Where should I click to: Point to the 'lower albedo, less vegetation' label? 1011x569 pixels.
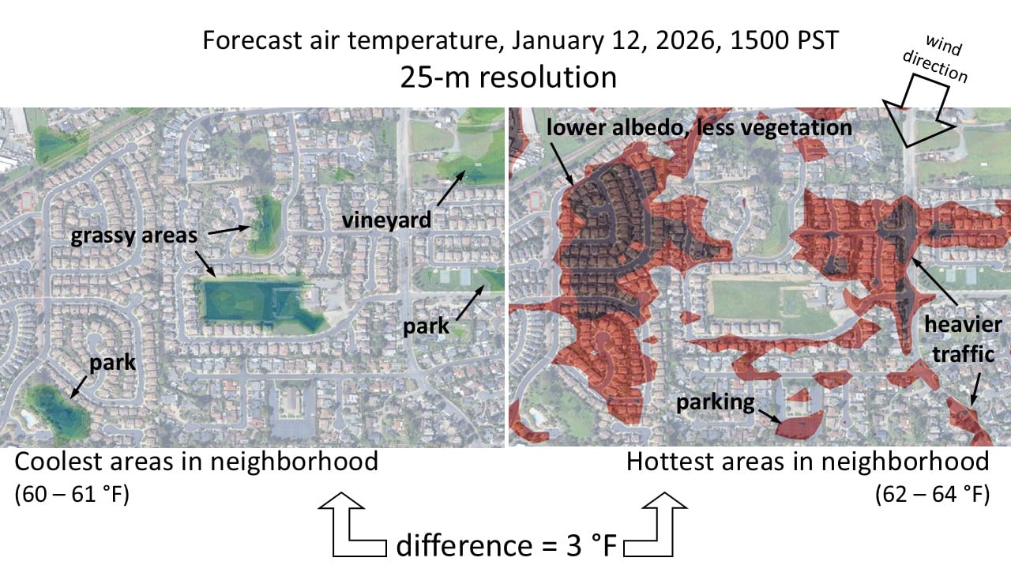click(x=699, y=127)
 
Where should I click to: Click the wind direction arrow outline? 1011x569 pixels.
click(x=918, y=111)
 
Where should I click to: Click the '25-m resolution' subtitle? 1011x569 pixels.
click(x=508, y=77)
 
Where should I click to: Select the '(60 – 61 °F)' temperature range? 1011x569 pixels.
click(x=72, y=496)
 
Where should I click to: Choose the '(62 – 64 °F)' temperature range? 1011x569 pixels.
click(x=932, y=496)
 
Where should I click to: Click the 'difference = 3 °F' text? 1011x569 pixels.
click(x=506, y=545)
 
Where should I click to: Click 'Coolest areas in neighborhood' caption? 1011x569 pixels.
click(x=196, y=462)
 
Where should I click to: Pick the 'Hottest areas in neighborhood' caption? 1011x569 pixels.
click(x=807, y=462)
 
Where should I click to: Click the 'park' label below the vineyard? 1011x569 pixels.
click(x=426, y=326)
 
